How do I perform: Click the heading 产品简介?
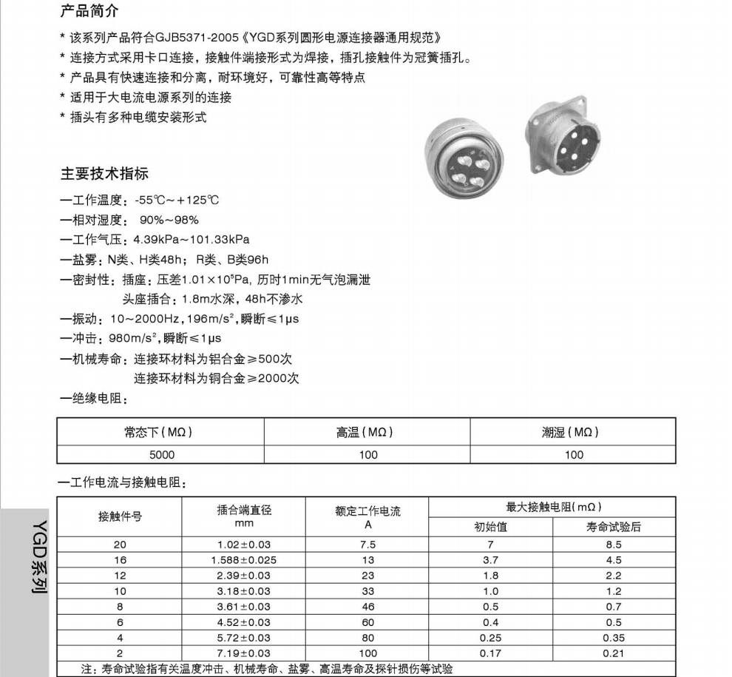[x=89, y=11]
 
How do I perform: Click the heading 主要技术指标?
[x=104, y=173]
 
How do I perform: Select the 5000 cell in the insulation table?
[x=161, y=455]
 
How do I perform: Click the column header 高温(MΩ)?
[x=367, y=432]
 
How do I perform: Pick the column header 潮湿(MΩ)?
[x=573, y=432]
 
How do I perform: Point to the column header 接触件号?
[x=120, y=516]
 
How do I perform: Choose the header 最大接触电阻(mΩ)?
[x=553, y=507]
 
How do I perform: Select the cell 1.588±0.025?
[x=243, y=560]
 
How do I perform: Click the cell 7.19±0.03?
[x=243, y=653]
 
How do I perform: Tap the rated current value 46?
[x=367, y=607]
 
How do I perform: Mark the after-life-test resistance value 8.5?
[x=614, y=545]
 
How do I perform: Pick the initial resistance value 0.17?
[x=490, y=653]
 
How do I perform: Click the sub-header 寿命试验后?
[x=614, y=527]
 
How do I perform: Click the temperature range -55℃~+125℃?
[x=177, y=200]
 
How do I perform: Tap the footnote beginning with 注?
[x=266, y=669]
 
